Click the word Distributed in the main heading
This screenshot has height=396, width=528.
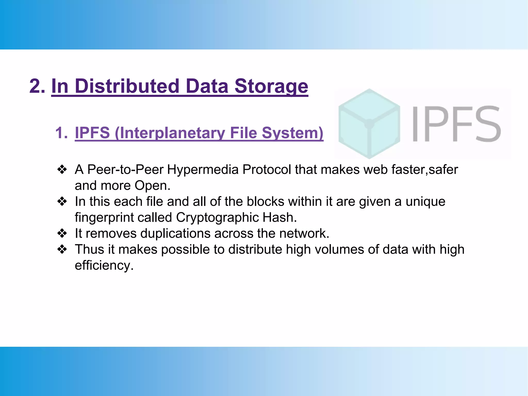point(127,86)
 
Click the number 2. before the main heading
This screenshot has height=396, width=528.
point(37,86)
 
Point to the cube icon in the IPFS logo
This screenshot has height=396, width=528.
point(369,123)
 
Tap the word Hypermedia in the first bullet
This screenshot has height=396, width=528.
point(203,170)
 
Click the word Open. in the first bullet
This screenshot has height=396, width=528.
point(152,186)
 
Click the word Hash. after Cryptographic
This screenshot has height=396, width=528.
point(280,218)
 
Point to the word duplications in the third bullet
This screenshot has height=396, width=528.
point(175,234)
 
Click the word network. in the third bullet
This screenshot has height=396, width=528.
point(304,234)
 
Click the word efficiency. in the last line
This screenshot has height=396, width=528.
point(104,266)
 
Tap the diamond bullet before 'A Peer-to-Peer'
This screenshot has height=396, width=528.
point(62,170)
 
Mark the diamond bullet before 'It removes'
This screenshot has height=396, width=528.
point(62,234)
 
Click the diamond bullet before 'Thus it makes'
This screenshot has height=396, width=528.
point(62,250)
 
